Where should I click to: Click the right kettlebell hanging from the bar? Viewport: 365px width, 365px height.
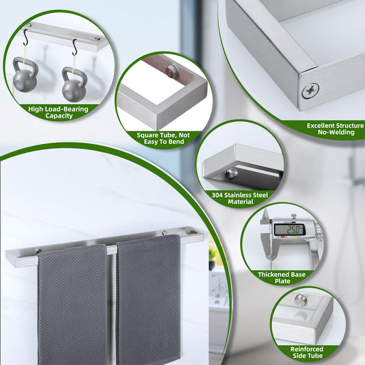(74, 84)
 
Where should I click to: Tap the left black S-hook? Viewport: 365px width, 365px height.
(26, 38)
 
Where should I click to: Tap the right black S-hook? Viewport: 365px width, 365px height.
(74, 48)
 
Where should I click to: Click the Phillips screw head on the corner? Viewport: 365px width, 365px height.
(310, 90)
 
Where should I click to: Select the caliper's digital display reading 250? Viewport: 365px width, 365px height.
(289, 230)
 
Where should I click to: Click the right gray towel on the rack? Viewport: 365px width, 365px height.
(148, 298)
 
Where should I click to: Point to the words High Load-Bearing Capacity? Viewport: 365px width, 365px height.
(58, 112)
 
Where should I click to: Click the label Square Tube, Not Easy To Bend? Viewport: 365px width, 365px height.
(163, 139)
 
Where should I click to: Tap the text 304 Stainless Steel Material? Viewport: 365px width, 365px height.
(240, 198)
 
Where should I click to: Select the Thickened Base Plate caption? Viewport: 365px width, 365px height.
(282, 277)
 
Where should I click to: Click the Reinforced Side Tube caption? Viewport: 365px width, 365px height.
(307, 352)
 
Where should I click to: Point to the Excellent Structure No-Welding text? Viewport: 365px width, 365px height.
(335, 129)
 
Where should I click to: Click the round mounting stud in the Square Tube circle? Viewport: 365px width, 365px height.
(171, 70)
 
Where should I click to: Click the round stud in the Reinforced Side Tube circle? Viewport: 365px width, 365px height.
(301, 299)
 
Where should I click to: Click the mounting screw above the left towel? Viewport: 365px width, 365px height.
(38, 251)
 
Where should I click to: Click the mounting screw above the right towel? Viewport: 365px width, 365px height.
(165, 232)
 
